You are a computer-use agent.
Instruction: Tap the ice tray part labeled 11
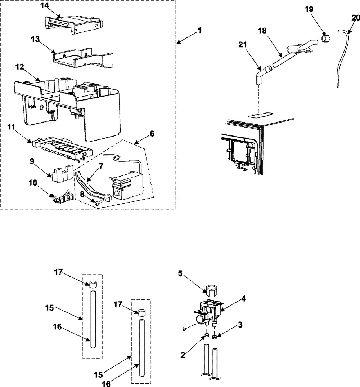point(61,147)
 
